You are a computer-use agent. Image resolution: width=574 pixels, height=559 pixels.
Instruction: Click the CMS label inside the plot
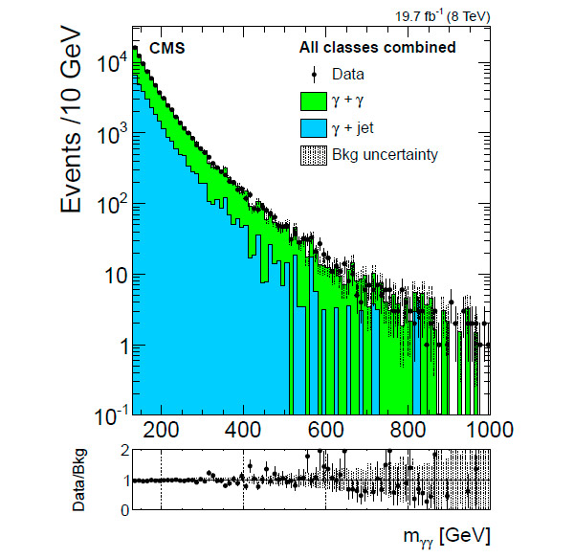tap(168, 47)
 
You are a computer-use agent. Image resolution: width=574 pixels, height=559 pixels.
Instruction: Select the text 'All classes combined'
tap(377, 47)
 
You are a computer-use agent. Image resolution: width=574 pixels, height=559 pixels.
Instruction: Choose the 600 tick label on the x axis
tap(325, 428)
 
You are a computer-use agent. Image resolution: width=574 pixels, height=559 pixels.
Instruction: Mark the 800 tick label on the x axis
tap(408, 428)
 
